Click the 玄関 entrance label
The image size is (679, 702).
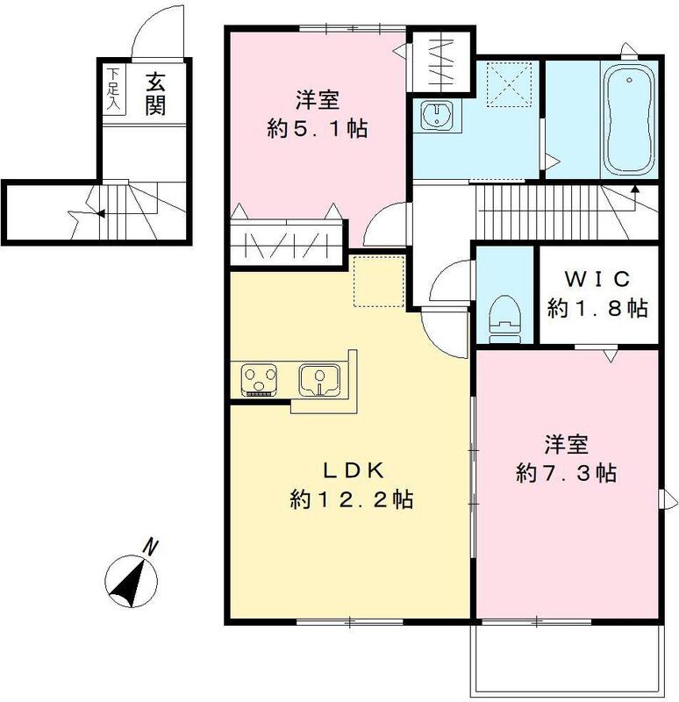tap(155, 95)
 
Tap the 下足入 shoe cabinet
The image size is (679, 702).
tap(114, 90)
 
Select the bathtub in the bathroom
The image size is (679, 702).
tap(629, 120)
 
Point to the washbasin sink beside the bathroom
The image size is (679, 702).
tap(436, 115)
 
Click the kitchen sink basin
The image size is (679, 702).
tap(319, 380)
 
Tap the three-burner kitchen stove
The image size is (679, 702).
tap(259, 380)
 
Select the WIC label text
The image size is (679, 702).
tap(597, 279)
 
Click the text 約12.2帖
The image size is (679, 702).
tap(351, 499)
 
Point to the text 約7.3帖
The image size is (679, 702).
tap(566, 473)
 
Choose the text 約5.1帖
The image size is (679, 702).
tap(317, 129)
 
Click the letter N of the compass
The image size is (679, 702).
tap(151, 547)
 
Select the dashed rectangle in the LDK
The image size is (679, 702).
tap(379, 281)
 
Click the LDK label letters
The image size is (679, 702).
tap(354, 471)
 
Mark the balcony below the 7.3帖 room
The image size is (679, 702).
tap(567, 659)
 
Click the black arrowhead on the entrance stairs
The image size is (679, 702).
tap(101, 213)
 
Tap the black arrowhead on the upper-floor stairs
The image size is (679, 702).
tap(634, 189)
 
